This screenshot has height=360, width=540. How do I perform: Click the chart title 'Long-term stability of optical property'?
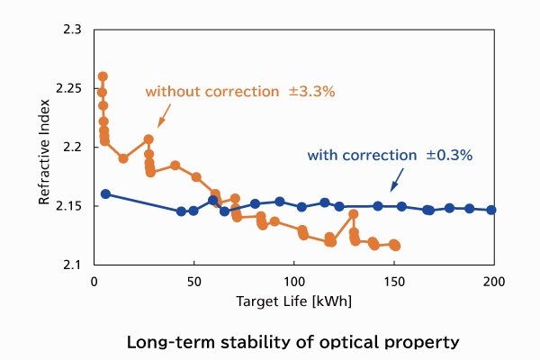[x=293, y=342]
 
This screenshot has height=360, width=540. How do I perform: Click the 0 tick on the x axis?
[x=94, y=281]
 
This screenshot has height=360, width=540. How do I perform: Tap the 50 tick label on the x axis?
[x=193, y=281]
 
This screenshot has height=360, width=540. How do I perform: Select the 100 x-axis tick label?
[x=294, y=281]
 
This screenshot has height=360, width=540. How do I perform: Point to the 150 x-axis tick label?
[x=394, y=281]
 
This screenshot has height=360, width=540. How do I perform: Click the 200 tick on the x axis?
[x=494, y=281]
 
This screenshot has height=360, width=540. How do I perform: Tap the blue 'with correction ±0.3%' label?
[x=390, y=155]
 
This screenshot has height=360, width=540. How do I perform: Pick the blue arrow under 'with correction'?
[x=394, y=181]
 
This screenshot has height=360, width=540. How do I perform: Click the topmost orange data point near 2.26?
[x=103, y=76]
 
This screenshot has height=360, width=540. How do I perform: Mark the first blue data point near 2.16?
[x=105, y=193]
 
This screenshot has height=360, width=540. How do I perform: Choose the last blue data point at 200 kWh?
[x=491, y=210]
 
